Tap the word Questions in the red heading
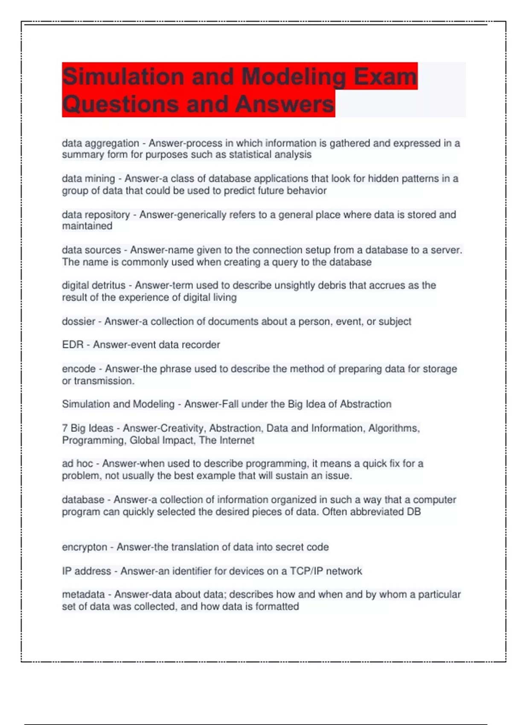click(119, 104)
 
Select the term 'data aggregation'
click(100, 143)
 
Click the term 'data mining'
click(88, 179)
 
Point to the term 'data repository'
click(96, 215)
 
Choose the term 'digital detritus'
click(93, 285)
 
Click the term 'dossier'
click(79, 321)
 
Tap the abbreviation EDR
click(73, 345)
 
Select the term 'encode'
click(79, 368)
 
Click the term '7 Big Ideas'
click(87, 428)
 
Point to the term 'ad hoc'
click(77, 464)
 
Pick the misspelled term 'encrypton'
click(84, 547)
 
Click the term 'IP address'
click(86, 571)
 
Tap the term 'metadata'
click(83, 594)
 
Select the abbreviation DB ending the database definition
click(414, 512)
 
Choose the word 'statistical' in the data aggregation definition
click(250, 155)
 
